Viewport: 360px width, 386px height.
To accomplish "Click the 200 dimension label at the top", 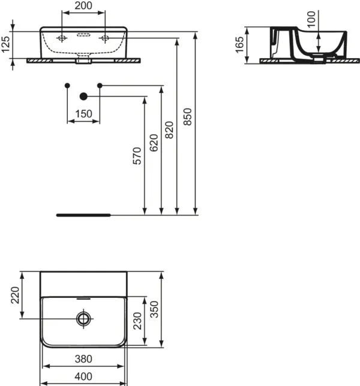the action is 83,5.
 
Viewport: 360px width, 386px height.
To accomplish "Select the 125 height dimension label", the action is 5,44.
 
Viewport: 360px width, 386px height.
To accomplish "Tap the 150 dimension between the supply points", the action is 83,114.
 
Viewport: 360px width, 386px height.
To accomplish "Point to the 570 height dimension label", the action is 137,156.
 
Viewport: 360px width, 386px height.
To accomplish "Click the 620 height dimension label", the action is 154,143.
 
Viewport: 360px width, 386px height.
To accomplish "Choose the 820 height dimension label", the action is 169,129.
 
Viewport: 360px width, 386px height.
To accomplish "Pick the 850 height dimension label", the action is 188,117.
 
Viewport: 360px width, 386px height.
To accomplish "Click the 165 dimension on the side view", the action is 239,44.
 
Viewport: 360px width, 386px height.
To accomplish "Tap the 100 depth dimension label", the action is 311,19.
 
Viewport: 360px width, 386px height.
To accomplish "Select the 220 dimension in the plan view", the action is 15,295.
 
